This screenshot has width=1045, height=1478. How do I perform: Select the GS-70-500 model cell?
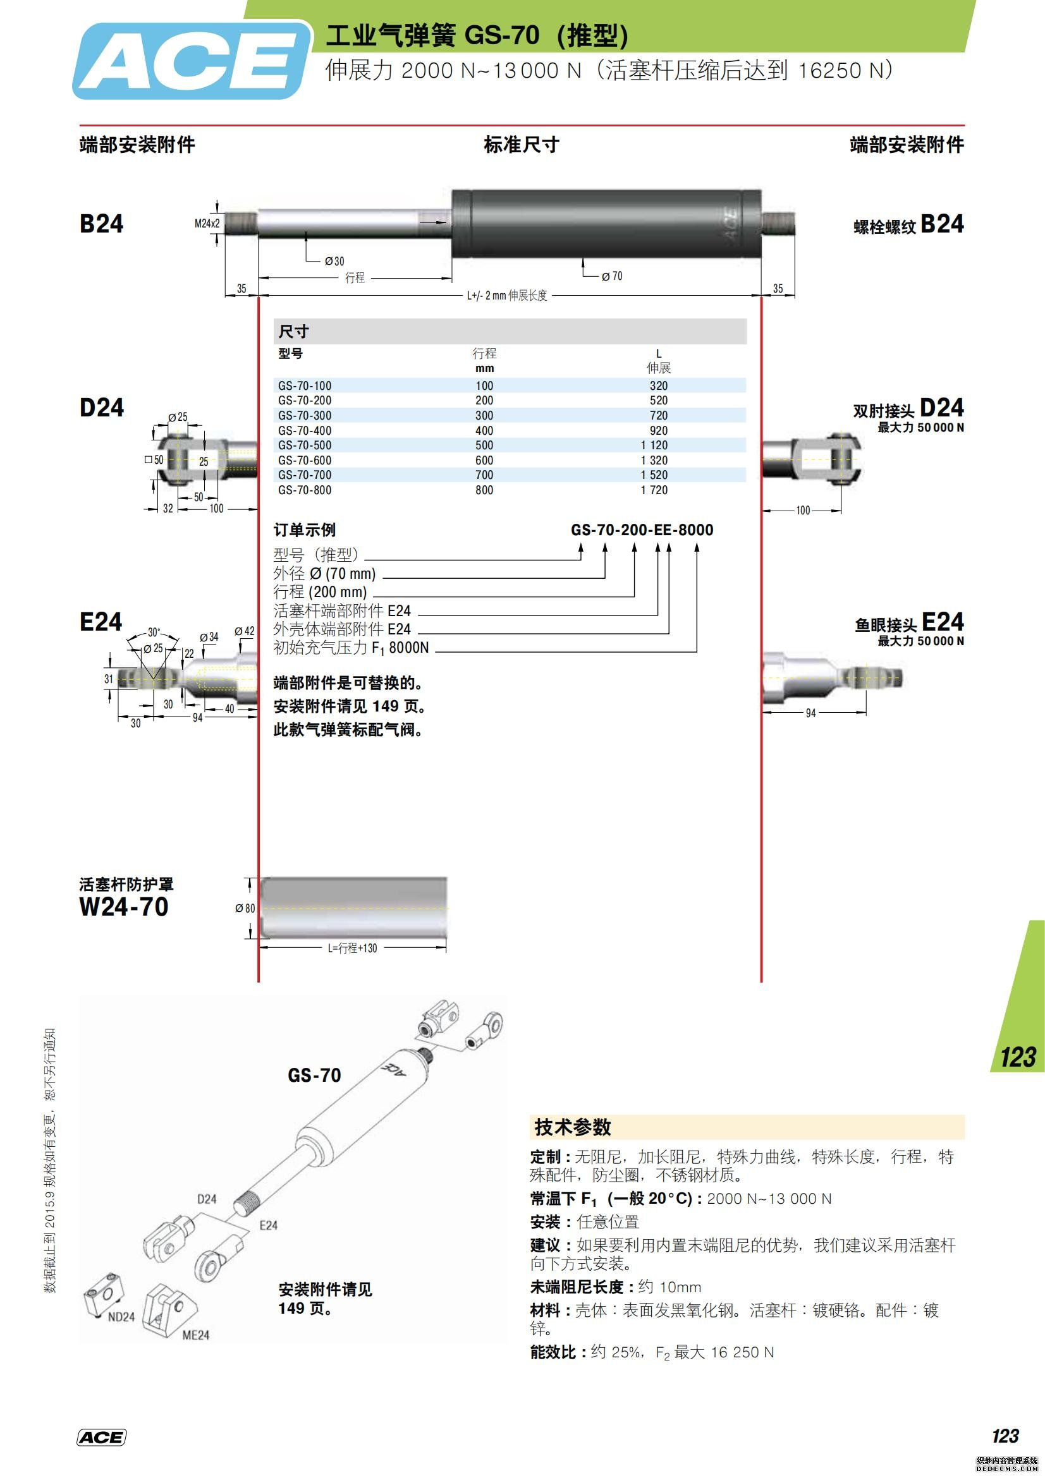[305, 445]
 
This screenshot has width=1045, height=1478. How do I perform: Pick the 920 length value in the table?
[658, 430]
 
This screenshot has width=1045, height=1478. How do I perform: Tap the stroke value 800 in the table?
[484, 490]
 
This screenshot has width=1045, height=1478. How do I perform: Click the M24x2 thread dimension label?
[207, 223]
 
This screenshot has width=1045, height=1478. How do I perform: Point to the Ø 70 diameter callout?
[612, 276]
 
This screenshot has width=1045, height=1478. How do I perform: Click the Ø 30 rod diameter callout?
[334, 261]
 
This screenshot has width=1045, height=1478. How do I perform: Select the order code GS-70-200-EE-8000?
[642, 530]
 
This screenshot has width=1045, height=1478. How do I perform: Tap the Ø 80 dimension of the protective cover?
[245, 908]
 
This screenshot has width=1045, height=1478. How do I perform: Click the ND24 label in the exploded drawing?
[121, 1316]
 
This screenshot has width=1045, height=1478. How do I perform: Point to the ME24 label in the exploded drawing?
[196, 1335]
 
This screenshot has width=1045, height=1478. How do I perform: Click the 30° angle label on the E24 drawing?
[154, 632]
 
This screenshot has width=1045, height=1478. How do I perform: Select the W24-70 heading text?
[124, 906]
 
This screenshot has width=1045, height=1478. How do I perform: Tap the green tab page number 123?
[1017, 1058]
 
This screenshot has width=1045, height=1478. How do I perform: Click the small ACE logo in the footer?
[101, 1438]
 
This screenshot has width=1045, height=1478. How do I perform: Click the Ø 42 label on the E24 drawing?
[244, 631]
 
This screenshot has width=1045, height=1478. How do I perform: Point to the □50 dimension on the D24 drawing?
[154, 459]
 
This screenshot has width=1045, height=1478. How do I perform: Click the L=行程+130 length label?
[352, 948]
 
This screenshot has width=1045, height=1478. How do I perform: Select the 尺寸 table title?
[293, 332]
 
